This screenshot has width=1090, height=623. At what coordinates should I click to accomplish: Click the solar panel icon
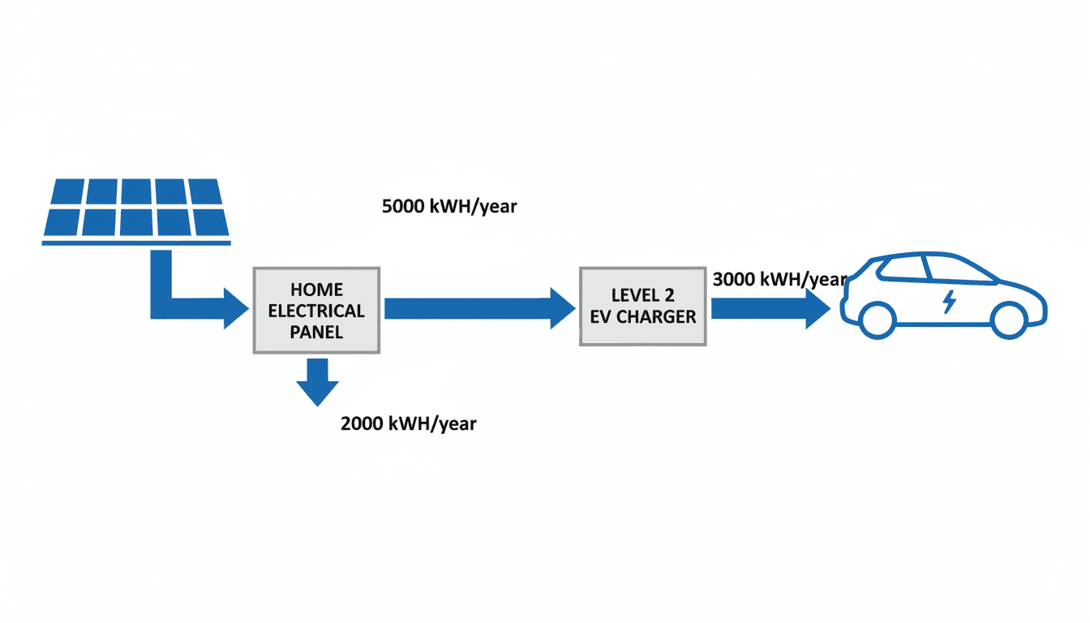click(135, 207)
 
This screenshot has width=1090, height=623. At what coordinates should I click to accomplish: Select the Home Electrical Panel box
click(316, 310)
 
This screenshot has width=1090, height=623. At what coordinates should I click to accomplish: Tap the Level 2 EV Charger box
click(642, 306)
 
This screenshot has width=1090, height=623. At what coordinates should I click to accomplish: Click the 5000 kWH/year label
click(448, 207)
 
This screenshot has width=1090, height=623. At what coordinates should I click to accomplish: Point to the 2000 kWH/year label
click(408, 423)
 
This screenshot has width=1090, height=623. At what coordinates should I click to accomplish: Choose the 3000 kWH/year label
click(779, 280)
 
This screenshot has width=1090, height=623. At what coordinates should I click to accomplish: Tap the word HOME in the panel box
click(316, 290)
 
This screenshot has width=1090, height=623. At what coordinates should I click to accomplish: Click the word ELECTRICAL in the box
click(316, 311)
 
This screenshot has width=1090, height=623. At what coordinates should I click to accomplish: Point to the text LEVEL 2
click(642, 295)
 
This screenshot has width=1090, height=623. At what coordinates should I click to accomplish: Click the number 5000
click(402, 207)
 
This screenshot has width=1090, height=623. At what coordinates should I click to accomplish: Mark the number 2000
click(362, 423)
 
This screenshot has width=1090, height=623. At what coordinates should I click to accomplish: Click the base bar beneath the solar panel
click(135, 241)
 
